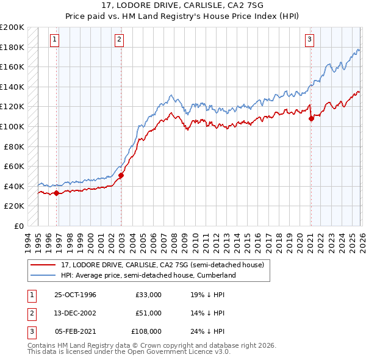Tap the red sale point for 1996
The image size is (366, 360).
coord(57,193)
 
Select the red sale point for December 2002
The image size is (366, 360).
coord(121,176)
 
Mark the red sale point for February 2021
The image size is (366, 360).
coord(311,119)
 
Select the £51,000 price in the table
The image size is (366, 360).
coord(148,313)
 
